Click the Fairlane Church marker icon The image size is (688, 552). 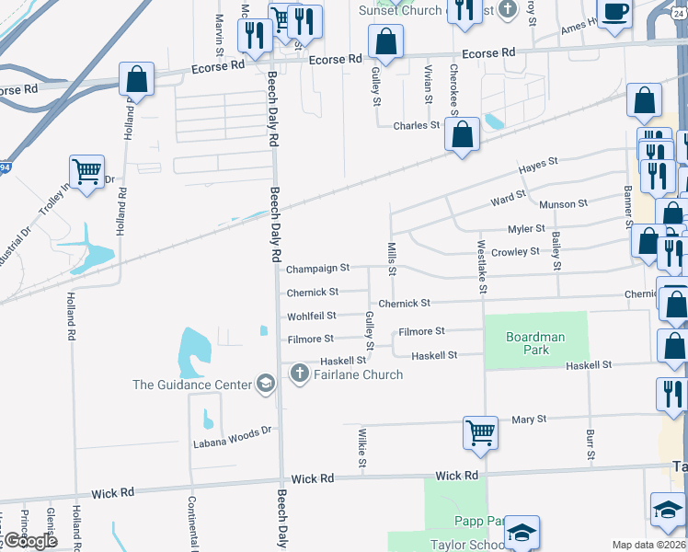299,374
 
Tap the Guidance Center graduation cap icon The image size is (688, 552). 266,384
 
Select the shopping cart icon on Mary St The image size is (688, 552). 481,431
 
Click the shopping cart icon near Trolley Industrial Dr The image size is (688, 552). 86,170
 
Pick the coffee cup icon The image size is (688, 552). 617,11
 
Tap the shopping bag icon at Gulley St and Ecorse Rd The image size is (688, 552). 385,41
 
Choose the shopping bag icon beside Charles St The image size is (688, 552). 461,133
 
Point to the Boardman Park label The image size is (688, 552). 535,343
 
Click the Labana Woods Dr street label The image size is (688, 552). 233,430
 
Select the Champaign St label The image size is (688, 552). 317,269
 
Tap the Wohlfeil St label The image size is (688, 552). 312,316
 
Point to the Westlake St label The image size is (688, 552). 481,267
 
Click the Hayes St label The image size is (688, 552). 538,163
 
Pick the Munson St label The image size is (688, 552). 563,204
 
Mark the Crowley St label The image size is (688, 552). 515,251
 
